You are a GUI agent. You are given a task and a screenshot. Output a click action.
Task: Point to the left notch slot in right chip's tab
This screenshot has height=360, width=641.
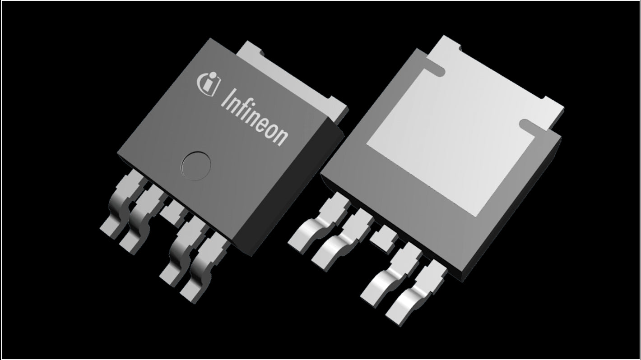click(x=433, y=69)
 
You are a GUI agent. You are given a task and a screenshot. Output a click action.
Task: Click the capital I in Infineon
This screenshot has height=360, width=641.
click(x=225, y=97)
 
